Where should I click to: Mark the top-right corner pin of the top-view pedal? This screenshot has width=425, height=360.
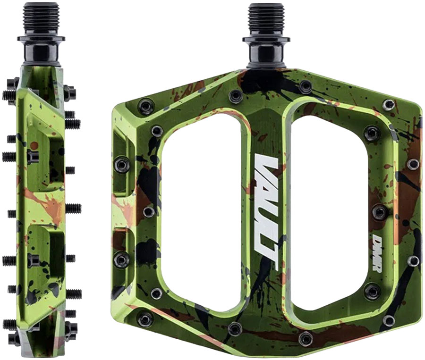(388, 104)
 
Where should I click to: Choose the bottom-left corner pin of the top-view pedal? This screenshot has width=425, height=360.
(144, 319)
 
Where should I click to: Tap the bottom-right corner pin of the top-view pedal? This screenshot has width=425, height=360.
(388, 320)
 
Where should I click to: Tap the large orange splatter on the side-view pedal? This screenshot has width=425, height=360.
(47, 205)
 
